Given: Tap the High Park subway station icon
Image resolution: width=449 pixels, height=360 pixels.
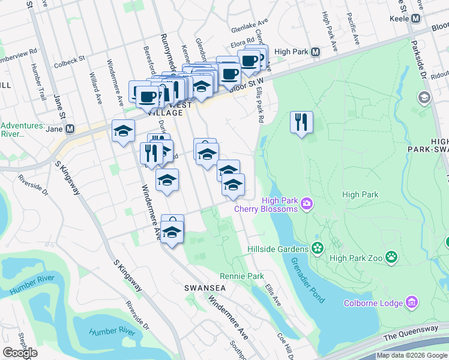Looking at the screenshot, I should pyautogui.click(x=315, y=52).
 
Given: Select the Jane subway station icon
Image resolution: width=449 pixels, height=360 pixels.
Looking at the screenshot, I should pyautogui.click(x=70, y=128).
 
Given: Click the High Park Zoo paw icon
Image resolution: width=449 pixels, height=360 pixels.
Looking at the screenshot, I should pyautogui.click(x=391, y=257).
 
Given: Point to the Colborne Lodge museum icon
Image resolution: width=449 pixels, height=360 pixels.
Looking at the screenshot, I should pyautogui.click(x=412, y=303).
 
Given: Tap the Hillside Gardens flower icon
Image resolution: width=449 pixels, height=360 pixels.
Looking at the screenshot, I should pyautogui.click(x=317, y=248).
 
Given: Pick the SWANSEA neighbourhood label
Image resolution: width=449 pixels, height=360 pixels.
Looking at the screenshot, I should pyautogui.click(x=205, y=288).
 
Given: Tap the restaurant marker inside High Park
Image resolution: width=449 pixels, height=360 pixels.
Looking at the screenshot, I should pyautogui.click(x=301, y=122).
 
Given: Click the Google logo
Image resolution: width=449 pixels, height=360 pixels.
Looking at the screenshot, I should pyautogui.click(x=20, y=353).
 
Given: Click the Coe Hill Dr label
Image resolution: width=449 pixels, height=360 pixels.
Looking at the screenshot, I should pyautogui.click(x=286, y=346).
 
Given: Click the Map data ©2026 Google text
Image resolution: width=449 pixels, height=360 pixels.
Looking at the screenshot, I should pyautogui.click(x=412, y=355).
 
